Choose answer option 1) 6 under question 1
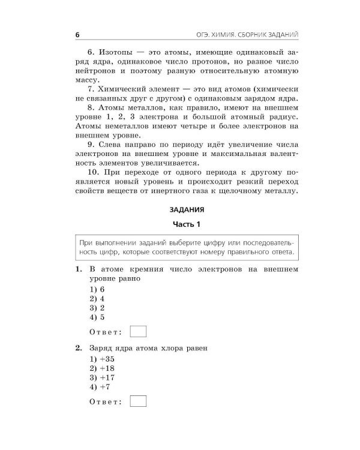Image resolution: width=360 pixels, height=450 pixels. pos(97,289)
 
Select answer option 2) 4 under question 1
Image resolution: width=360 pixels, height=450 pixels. pos(97,298)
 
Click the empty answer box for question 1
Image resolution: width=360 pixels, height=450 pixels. pos(138,331)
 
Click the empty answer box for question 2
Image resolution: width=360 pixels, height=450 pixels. pos(138,401)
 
